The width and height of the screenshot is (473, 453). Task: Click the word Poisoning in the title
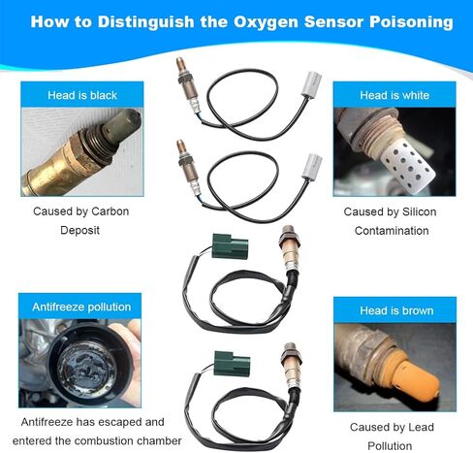[x=411, y=22]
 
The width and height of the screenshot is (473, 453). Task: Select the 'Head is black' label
[x=82, y=95]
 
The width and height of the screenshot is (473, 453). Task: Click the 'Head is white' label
[x=394, y=95]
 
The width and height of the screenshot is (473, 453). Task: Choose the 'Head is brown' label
[x=396, y=310]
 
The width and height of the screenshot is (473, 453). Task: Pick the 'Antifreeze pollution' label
[x=81, y=307]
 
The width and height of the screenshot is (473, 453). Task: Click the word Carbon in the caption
[x=110, y=211]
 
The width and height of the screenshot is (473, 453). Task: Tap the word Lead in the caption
[x=421, y=427]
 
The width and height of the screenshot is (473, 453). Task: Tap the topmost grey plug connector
[x=311, y=84]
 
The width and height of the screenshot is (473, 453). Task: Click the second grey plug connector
[x=312, y=167]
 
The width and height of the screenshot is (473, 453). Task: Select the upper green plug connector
[x=230, y=246]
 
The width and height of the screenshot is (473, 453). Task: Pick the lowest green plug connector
[x=232, y=364]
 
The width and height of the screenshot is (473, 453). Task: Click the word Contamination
[x=392, y=231]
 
